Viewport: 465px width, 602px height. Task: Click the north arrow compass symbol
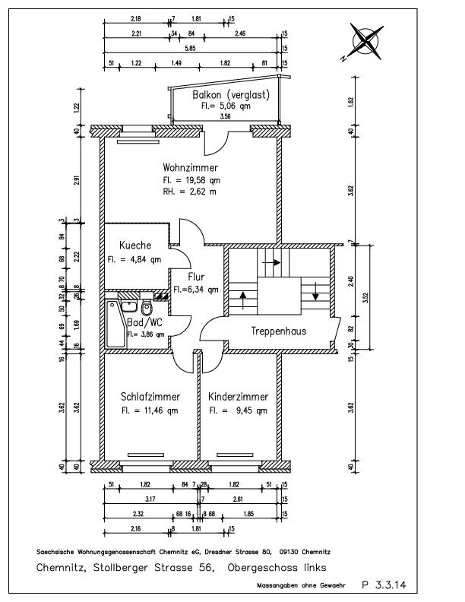365,40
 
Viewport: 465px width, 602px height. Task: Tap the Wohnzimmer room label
191,168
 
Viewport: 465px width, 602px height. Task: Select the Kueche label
135,246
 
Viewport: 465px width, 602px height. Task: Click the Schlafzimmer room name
150,397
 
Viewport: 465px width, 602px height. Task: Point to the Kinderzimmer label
238,397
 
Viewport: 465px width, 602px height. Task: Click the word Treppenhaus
279,332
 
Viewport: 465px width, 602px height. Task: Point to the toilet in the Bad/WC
147,310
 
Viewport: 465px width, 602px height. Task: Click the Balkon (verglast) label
227,95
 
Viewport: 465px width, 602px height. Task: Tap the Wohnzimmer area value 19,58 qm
191,180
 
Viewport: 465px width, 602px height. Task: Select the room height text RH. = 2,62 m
190,192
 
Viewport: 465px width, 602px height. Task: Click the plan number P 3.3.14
384,585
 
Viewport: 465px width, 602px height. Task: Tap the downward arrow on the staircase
315,292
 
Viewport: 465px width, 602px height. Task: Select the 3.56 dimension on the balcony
225,118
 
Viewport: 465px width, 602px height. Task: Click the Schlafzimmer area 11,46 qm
150,410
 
